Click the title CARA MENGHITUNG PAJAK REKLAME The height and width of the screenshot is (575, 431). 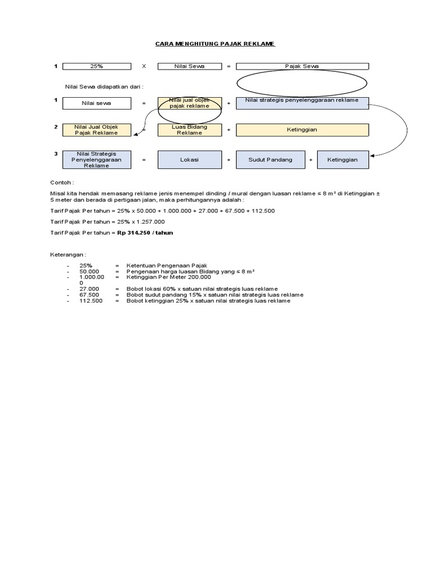pyautogui.click(x=215, y=44)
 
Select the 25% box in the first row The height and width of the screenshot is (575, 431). pyautogui.click(x=96, y=66)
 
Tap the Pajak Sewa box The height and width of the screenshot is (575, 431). pyautogui.click(x=302, y=66)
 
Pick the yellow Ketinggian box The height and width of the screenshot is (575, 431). pyautogui.click(x=302, y=130)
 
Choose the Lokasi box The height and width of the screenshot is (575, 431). pyautogui.click(x=189, y=159)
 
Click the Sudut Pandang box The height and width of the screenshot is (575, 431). pyautogui.click(x=270, y=159)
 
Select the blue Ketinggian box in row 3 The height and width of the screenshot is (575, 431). pyautogui.click(x=342, y=159)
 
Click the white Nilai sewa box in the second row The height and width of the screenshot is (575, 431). pyautogui.click(x=96, y=103)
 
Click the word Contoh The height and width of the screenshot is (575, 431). pyautogui.click(x=62, y=182)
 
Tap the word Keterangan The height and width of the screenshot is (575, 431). pyautogui.click(x=68, y=254)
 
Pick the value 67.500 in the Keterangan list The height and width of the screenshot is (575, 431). pyautogui.click(x=89, y=295)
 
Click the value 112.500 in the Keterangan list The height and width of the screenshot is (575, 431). pyautogui.click(x=91, y=301)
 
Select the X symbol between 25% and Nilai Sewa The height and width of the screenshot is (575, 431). pyautogui.click(x=144, y=66)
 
